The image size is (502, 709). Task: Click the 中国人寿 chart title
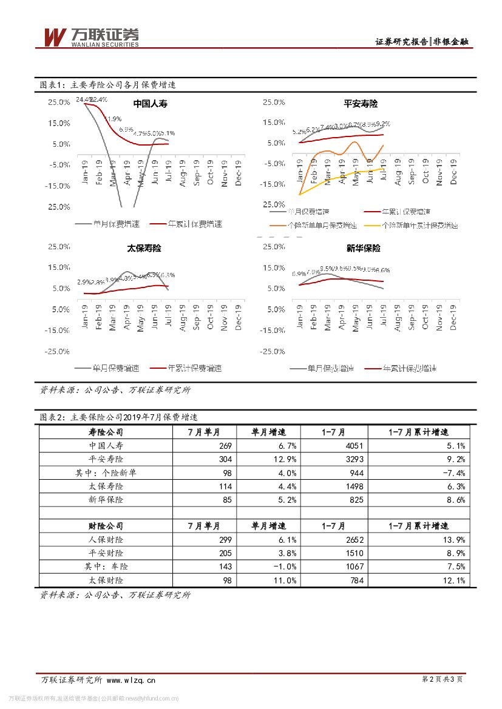point(150,104)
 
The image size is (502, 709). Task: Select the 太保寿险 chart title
point(144,248)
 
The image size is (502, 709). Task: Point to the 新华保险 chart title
point(363,248)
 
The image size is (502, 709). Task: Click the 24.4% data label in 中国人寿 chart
point(83,99)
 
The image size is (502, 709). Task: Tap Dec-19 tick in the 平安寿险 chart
point(453,170)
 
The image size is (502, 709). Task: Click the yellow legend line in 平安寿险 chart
point(371,225)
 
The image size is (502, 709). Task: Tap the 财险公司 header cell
point(106,526)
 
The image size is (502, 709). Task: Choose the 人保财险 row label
point(106,539)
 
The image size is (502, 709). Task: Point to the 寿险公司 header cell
point(106,432)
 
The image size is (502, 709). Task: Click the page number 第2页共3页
point(441,680)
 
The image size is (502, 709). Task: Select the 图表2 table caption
point(118,417)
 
